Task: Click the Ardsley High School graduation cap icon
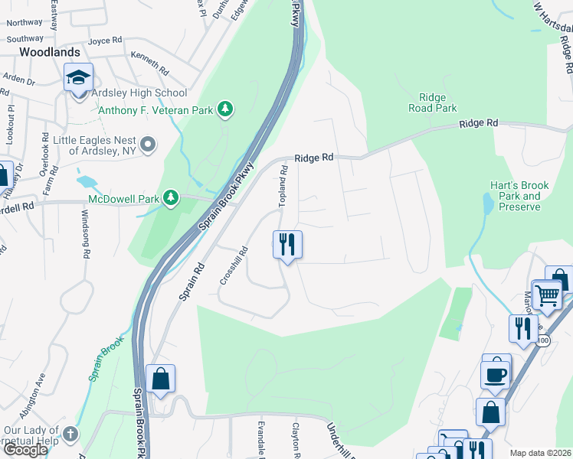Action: [x=78, y=78]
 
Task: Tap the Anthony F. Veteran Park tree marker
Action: [x=225, y=110]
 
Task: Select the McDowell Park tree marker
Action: [x=170, y=200]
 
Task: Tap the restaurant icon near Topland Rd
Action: [x=287, y=245]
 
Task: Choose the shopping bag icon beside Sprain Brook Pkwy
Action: [x=160, y=378]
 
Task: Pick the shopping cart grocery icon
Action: [x=546, y=295]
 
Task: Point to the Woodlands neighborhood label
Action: [x=49, y=52]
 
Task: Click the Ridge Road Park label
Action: [x=438, y=103]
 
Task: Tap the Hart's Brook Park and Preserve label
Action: [x=516, y=196]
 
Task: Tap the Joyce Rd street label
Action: [x=105, y=40]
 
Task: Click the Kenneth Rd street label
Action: [x=149, y=60]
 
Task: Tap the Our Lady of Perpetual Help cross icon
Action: [x=70, y=435]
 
